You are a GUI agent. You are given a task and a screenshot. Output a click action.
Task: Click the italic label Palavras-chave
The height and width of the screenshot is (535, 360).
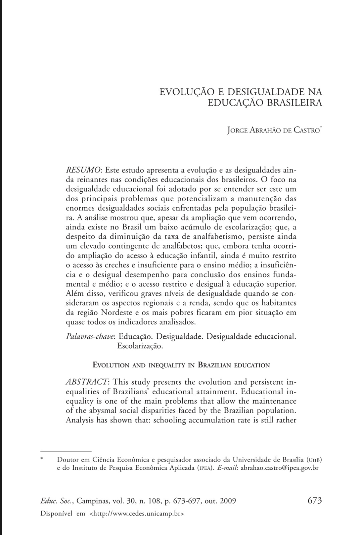click(x=90, y=336)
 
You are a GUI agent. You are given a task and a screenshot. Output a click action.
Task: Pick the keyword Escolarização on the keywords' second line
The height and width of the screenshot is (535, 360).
click(x=140, y=346)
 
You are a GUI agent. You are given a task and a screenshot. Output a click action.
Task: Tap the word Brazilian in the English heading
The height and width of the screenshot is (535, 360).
click(x=214, y=365)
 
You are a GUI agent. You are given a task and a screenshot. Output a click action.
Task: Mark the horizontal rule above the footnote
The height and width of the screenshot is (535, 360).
click(x=66, y=451)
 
